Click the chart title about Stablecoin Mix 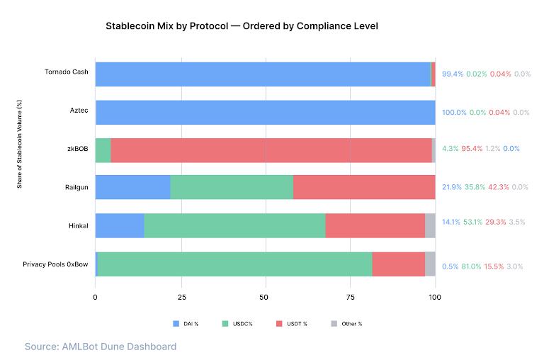242,26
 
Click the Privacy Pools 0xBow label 55,264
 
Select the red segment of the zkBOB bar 271,150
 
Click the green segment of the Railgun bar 232,187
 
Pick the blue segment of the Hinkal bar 119,225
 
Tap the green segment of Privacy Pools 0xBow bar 234,264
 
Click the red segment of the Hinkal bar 375,225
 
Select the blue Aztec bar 265,112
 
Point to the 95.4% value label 472,149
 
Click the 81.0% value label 471,266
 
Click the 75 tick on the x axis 350,298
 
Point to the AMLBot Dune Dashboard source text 100,347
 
